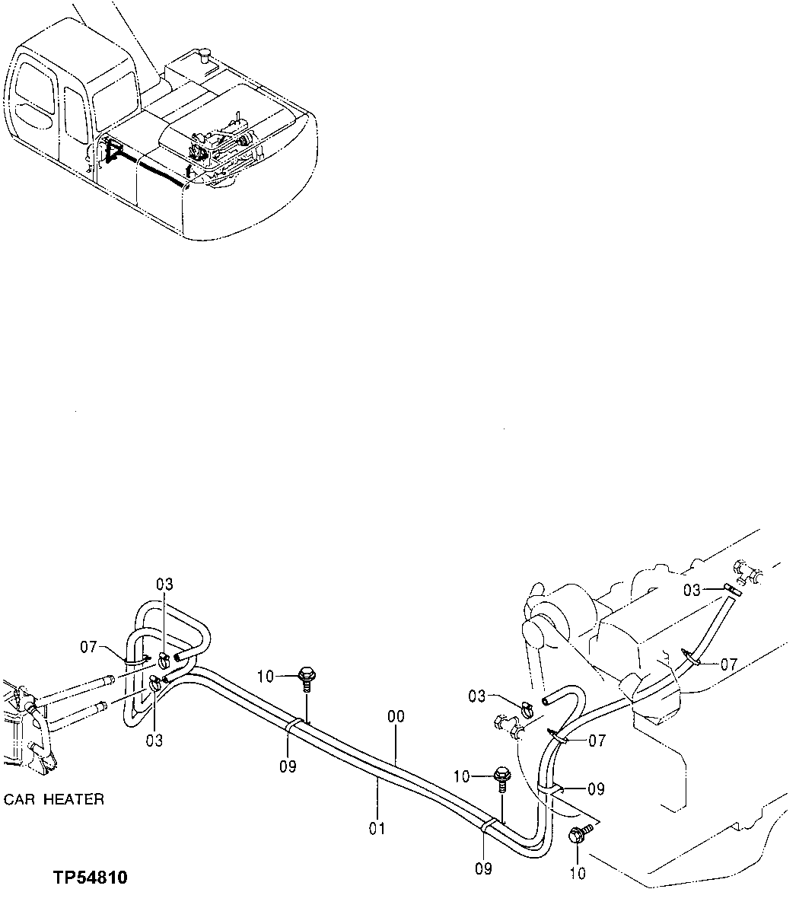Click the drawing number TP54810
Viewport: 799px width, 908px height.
tap(91, 878)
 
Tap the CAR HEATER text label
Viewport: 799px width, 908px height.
tap(54, 799)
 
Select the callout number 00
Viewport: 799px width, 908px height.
tap(396, 717)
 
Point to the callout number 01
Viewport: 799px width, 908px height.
tap(377, 827)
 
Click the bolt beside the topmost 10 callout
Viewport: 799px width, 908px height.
tap(307, 675)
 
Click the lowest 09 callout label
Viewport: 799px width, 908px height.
tap(482, 868)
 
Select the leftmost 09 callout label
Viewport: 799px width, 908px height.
tap(287, 767)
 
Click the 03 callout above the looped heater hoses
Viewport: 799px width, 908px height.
tap(164, 585)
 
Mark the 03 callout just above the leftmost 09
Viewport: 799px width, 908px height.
tap(155, 739)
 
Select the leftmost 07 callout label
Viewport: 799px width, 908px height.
tap(89, 648)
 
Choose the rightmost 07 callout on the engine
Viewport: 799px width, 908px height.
tap(728, 664)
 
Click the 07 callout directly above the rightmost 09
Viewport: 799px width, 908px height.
tap(597, 740)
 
